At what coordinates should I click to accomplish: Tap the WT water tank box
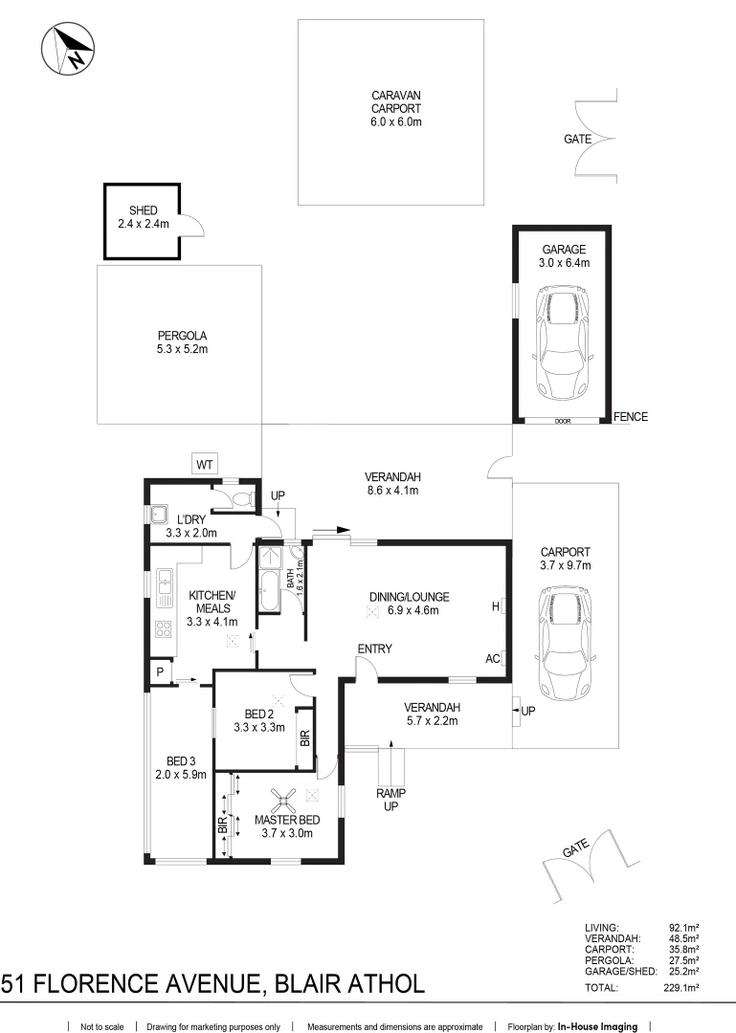[205, 465]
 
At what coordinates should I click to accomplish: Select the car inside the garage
[563, 344]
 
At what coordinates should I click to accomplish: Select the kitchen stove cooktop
[164, 629]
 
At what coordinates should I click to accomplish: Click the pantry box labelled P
[160, 672]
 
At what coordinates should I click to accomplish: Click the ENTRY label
[374, 648]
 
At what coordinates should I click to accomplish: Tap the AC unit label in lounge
[492, 659]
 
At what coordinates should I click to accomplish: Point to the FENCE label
[631, 416]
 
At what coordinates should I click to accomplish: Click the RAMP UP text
[391, 800]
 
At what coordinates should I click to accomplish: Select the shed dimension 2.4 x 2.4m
[144, 224]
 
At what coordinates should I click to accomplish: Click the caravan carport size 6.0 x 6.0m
[395, 121]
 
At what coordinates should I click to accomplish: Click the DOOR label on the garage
[563, 421]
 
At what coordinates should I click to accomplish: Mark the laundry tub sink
[158, 514]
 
